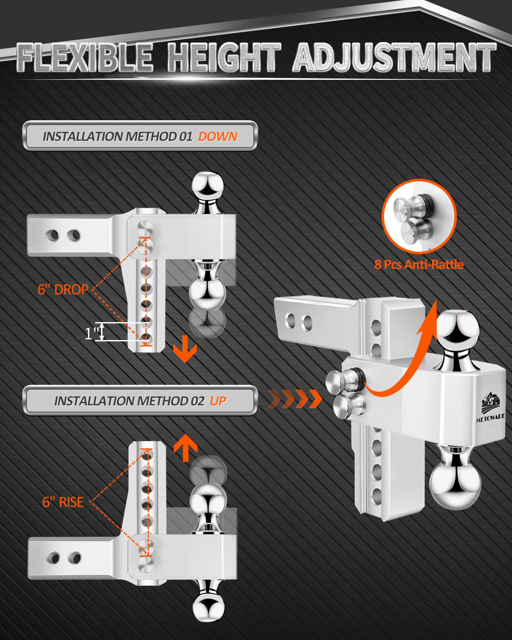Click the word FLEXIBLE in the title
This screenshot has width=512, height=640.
click(85, 57)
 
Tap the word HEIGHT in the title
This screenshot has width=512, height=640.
click(224, 57)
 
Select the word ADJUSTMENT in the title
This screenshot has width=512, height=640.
click(395, 57)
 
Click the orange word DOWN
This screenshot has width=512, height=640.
click(218, 137)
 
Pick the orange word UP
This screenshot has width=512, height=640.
click(218, 401)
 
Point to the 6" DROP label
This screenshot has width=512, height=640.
click(63, 290)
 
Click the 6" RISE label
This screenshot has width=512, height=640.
click(63, 502)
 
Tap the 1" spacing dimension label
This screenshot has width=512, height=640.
click(91, 333)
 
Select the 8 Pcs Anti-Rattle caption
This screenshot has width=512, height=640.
click(419, 265)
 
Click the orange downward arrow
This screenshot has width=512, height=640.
click(185, 349)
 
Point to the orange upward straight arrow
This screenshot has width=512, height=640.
click(185, 448)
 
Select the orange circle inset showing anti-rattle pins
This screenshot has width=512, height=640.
click(419, 216)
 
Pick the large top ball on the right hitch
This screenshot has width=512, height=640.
click(458, 327)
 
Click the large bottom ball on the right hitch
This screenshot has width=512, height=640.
click(455, 487)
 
